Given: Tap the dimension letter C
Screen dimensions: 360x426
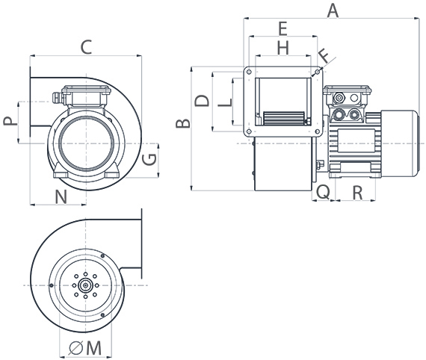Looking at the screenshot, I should tap(86, 47).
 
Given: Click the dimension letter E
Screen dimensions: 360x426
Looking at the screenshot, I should tap(282, 28).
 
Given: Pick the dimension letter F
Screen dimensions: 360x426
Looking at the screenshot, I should tap(323, 55).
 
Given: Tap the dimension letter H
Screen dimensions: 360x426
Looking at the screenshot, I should tap(282, 48).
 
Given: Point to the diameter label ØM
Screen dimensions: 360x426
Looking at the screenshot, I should tap(84, 347).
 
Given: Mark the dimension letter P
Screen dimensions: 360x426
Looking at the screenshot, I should tap(7, 121).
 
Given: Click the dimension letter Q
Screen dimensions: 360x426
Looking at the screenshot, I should tap(322, 192).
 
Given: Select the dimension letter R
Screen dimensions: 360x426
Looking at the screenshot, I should tap(356, 192).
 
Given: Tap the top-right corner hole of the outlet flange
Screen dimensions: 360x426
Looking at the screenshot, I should tap(318, 73).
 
